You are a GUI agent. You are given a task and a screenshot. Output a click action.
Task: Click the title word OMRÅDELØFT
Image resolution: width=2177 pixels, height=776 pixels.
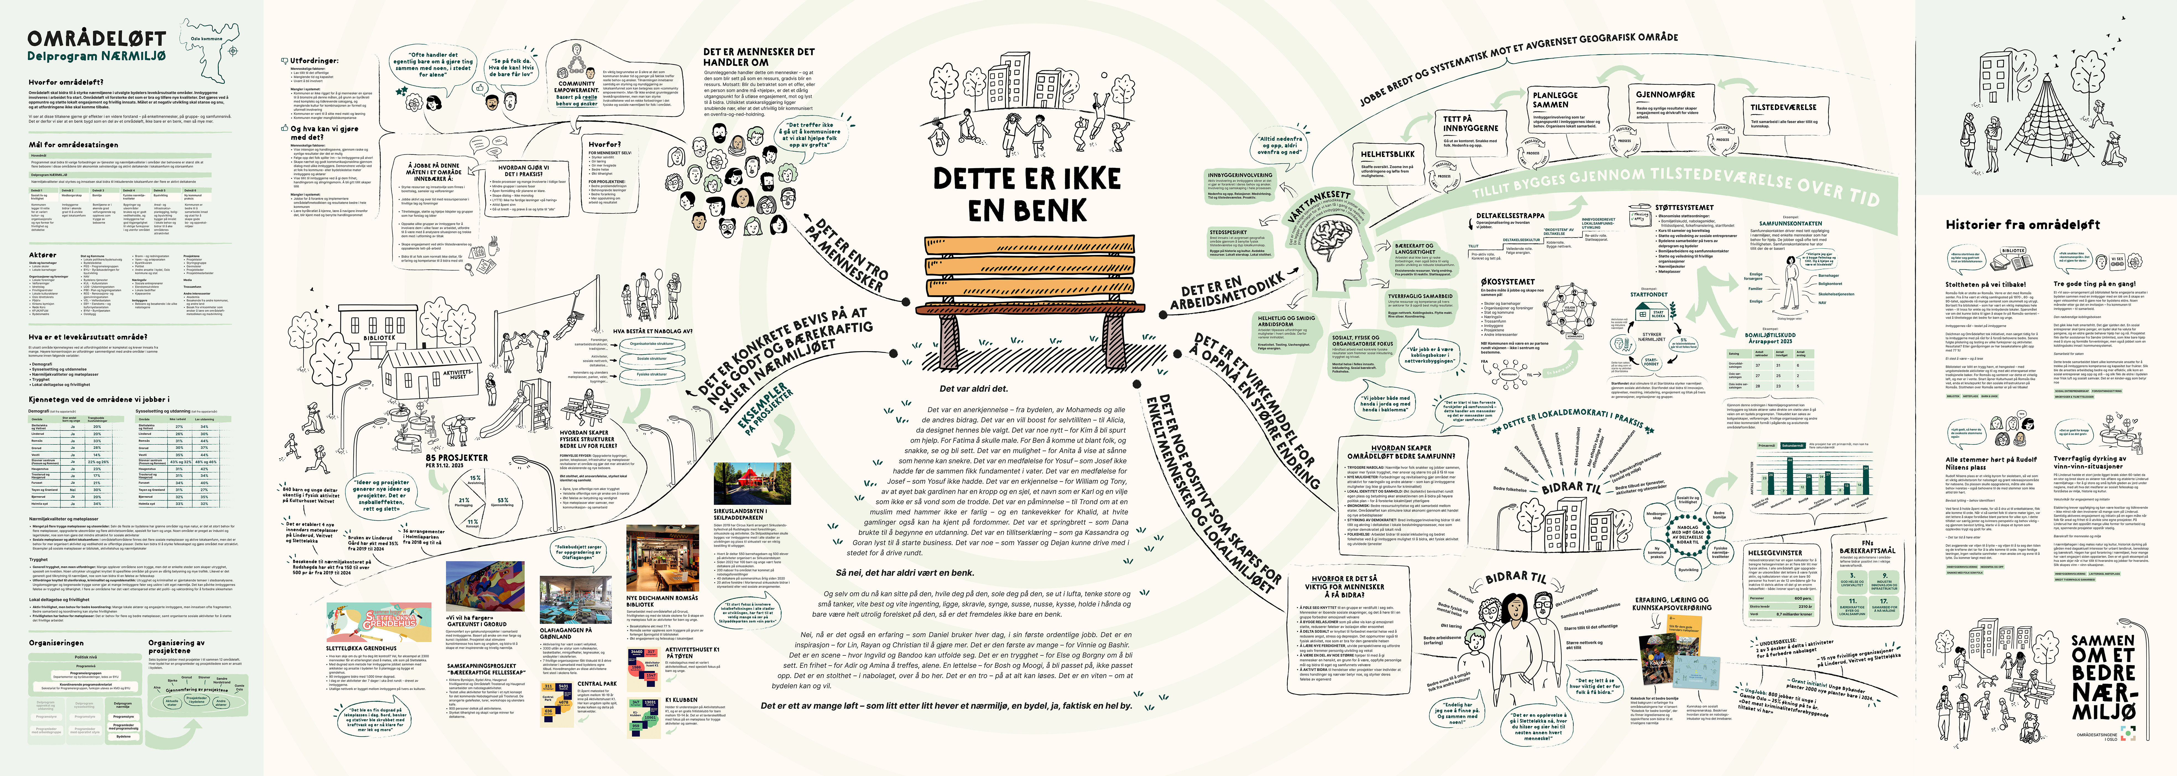95,39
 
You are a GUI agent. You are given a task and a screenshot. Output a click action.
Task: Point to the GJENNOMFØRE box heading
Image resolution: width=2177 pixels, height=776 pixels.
1665,95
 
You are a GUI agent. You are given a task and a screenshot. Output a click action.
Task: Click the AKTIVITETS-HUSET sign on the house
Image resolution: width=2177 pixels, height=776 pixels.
457,374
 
